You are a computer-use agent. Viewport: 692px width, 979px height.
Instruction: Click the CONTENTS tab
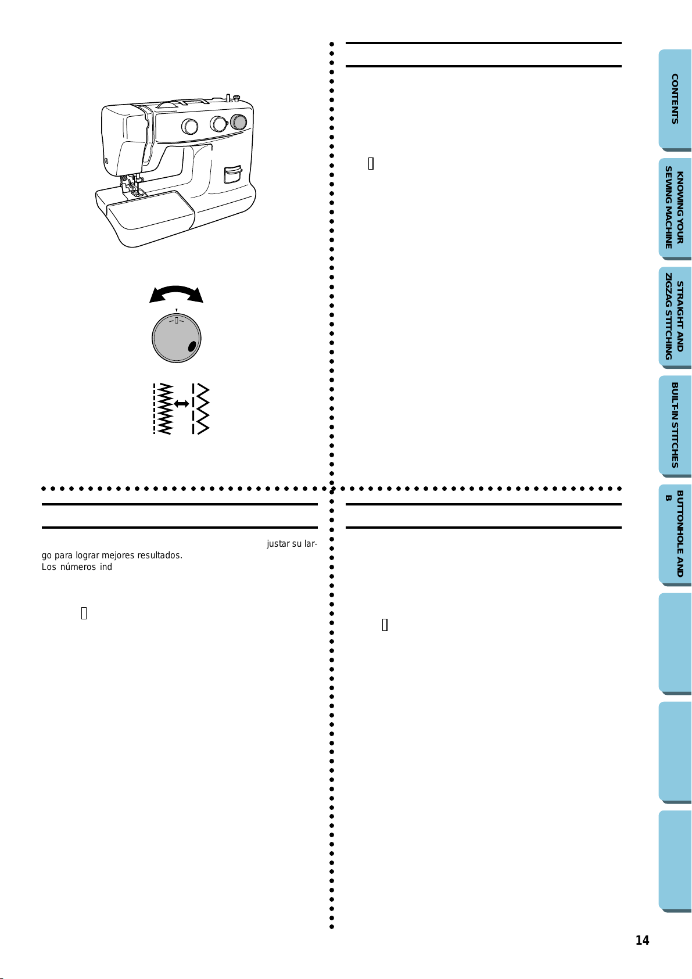pos(675,99)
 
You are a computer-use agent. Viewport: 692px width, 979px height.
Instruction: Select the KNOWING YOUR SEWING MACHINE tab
pos(675,208)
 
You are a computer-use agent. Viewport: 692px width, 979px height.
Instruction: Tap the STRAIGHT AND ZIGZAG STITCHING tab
pos(675,317)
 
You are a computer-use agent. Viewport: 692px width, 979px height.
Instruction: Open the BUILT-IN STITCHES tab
pos(675,426)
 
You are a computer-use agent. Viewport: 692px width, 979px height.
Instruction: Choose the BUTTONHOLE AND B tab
pos(675,535)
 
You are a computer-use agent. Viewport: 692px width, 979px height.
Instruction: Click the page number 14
pos(642,940)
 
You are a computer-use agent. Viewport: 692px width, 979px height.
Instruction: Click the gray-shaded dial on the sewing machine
pos(238,122)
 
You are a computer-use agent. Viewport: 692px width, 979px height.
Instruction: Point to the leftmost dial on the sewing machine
pos(189,126)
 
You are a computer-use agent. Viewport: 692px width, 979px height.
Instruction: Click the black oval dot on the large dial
pos(192,347)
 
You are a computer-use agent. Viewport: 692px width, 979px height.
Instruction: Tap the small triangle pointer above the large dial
pos(176,310)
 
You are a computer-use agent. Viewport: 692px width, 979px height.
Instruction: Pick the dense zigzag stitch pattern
pos(163,408)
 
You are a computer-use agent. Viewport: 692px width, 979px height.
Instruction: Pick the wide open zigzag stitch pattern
pos(200,408)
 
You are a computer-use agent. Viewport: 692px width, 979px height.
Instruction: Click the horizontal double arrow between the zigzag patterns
pos(181,404)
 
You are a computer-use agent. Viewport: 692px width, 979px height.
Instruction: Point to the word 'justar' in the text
pos(278,544)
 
